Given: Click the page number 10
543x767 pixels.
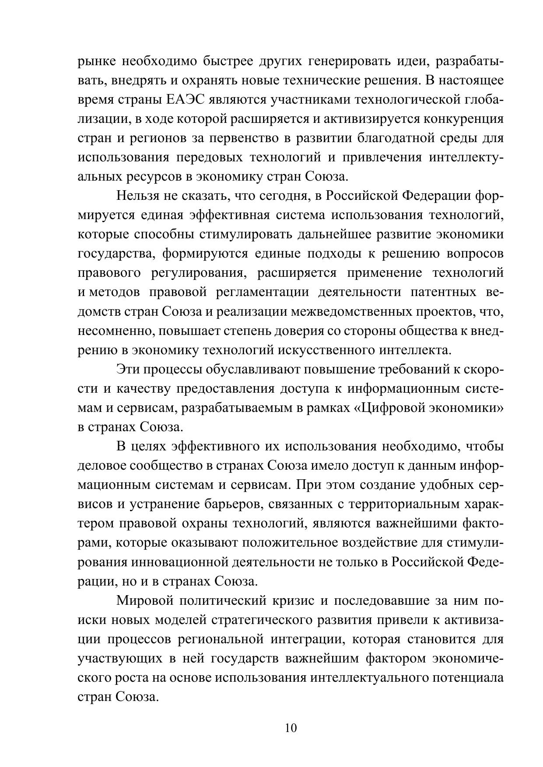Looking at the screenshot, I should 291,728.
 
